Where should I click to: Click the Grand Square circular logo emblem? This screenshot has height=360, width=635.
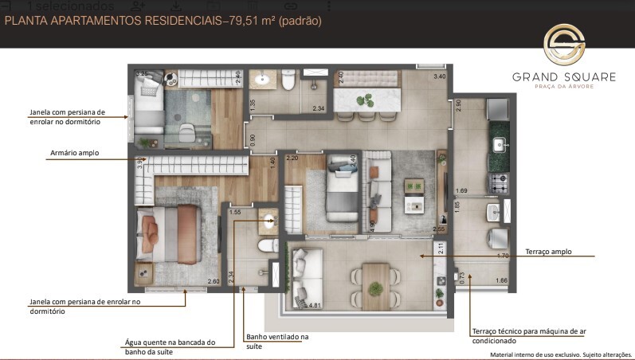[563, 44]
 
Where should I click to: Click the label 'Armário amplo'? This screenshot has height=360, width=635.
[74, 153]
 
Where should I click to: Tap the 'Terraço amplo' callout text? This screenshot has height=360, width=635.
[548, 252]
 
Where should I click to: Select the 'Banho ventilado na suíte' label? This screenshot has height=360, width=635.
[276, 341]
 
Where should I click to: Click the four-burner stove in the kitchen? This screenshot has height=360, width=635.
[497, 182]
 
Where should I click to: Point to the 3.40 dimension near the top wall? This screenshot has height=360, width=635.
[439, 76]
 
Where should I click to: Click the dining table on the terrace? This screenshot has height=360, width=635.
[375, 282]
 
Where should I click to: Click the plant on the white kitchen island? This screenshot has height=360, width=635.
[366, 100]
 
